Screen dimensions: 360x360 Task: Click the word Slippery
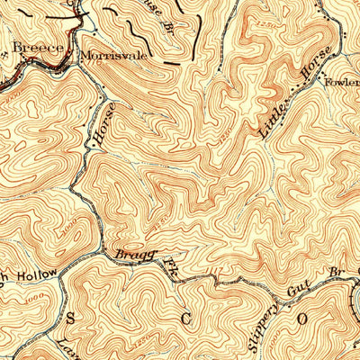258,323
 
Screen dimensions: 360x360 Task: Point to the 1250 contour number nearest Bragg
157,221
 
